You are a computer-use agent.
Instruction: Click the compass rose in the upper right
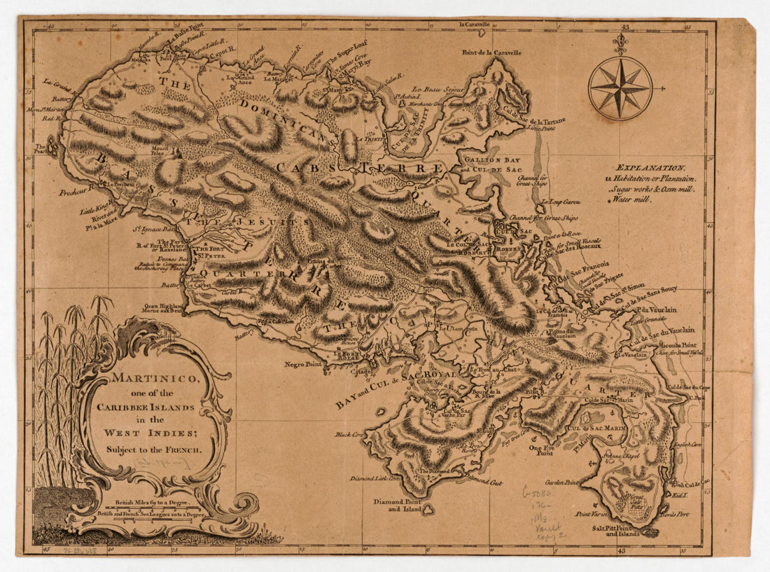(620, 88)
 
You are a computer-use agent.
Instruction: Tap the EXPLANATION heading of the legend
(651, 168)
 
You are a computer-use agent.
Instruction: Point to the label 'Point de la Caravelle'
(491, 53)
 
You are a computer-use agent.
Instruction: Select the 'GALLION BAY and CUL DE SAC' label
(493, 164)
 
